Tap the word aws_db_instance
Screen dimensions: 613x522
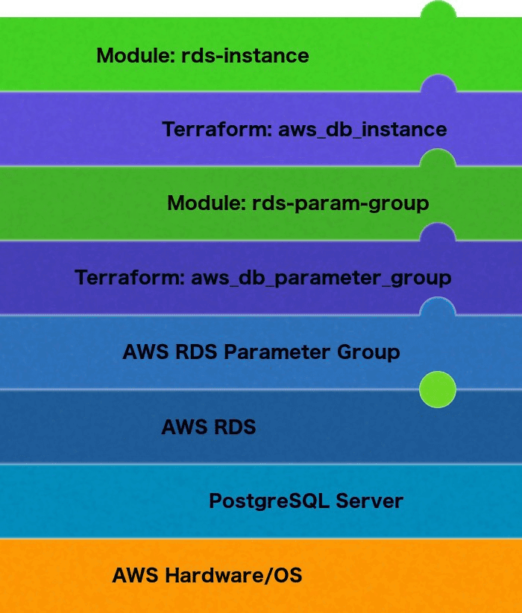coord(362,130)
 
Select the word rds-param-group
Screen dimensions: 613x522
coord(342,203)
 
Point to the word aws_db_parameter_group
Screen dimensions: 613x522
coord(321,279)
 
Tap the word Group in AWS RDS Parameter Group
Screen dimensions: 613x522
coord(368,352)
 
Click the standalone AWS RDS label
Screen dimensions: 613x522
coord(208,428)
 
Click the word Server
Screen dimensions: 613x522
coord(369,501)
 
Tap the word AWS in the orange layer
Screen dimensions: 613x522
coord(135,576)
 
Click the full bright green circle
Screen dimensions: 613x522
coord(438,390)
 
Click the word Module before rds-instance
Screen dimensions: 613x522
coord(136,56)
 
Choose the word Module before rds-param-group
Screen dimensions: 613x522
coord(207,203)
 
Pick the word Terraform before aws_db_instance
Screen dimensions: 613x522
coord(216,130)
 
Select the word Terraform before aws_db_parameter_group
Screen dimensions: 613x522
coord(129,279)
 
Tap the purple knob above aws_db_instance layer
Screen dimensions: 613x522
coord(438,84)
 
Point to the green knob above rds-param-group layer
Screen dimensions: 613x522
coord(438,158)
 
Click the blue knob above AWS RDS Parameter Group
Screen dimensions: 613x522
coord(438,306)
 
